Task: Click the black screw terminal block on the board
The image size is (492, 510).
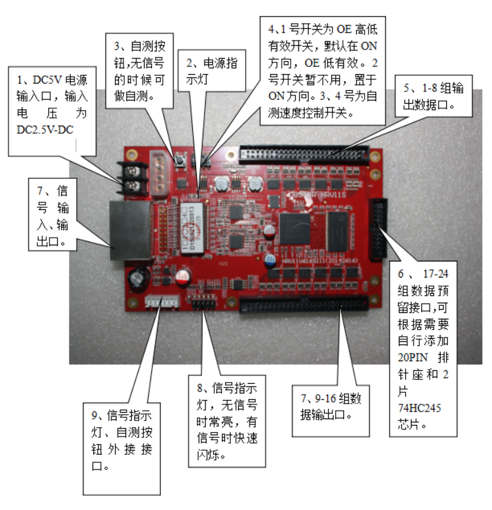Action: [x=133, y=180]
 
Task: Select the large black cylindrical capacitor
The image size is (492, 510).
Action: [x=138, y=279]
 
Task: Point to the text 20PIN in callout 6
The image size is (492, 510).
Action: [x=407, y=358]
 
